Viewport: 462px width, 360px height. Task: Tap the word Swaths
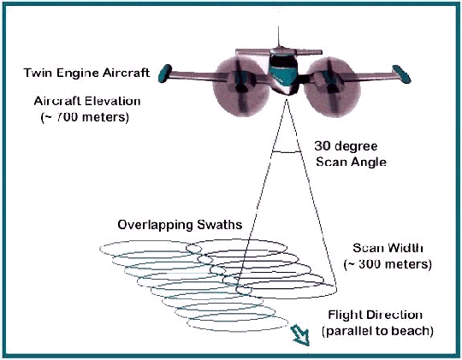pos(220,225)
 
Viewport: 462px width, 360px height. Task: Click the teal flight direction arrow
pos(300,335)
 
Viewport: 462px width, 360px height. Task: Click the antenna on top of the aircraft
pos(278,37)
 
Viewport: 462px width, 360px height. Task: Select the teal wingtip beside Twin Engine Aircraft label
pos(165,74)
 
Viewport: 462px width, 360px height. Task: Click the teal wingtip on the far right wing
pos(401,74)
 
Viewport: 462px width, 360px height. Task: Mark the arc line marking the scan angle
pos(287,152)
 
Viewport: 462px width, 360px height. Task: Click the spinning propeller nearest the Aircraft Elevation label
pos(240,87)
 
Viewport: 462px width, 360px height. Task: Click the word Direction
pos(394,315)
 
